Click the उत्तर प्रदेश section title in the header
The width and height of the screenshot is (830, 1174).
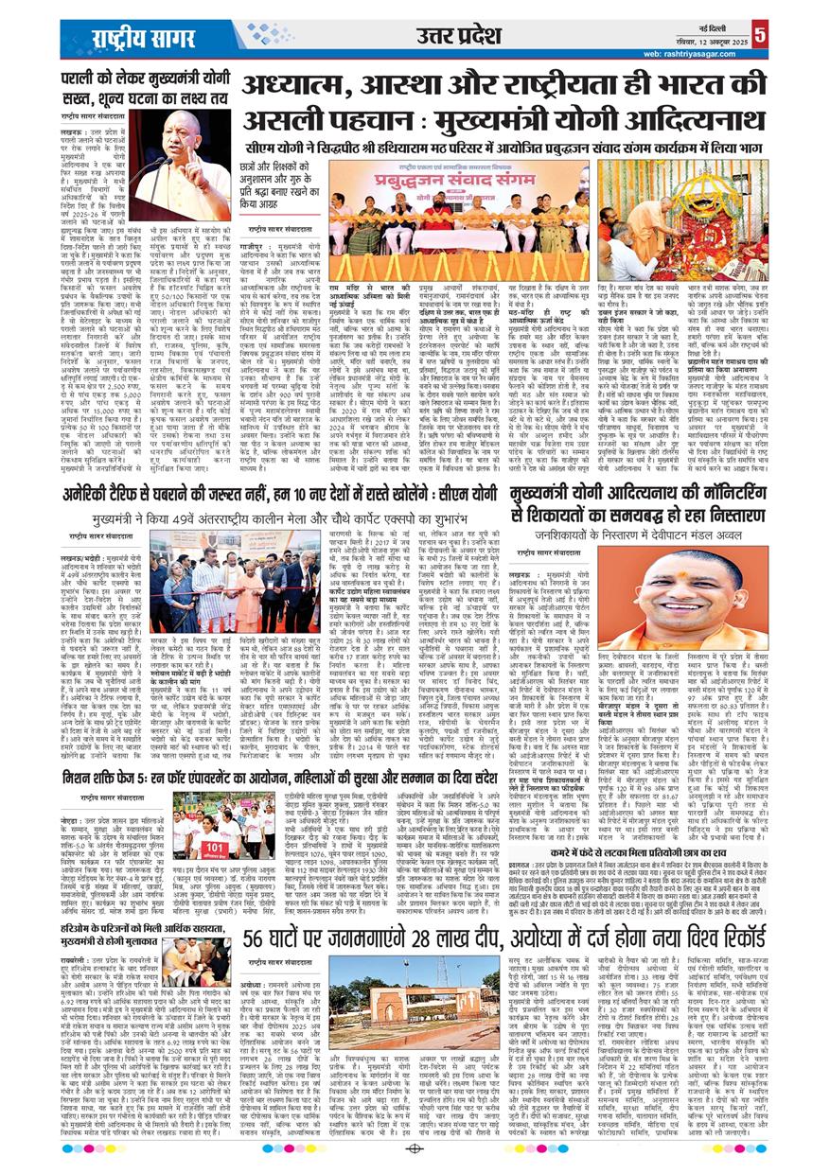pos(458,36)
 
